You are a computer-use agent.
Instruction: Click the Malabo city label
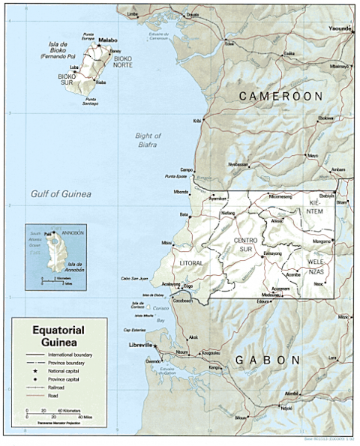tap(109, 40)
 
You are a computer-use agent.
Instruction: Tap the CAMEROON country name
tap(280, 97)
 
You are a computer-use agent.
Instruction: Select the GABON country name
tap(268, 361)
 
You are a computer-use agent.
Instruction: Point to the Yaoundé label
tap(339, 28)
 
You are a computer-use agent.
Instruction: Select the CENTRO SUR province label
tap(247, 244)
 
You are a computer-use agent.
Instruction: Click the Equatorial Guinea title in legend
tap(58, 334)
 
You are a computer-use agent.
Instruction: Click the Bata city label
tap(183, 214)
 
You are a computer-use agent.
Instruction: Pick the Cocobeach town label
tap(182, 301)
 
